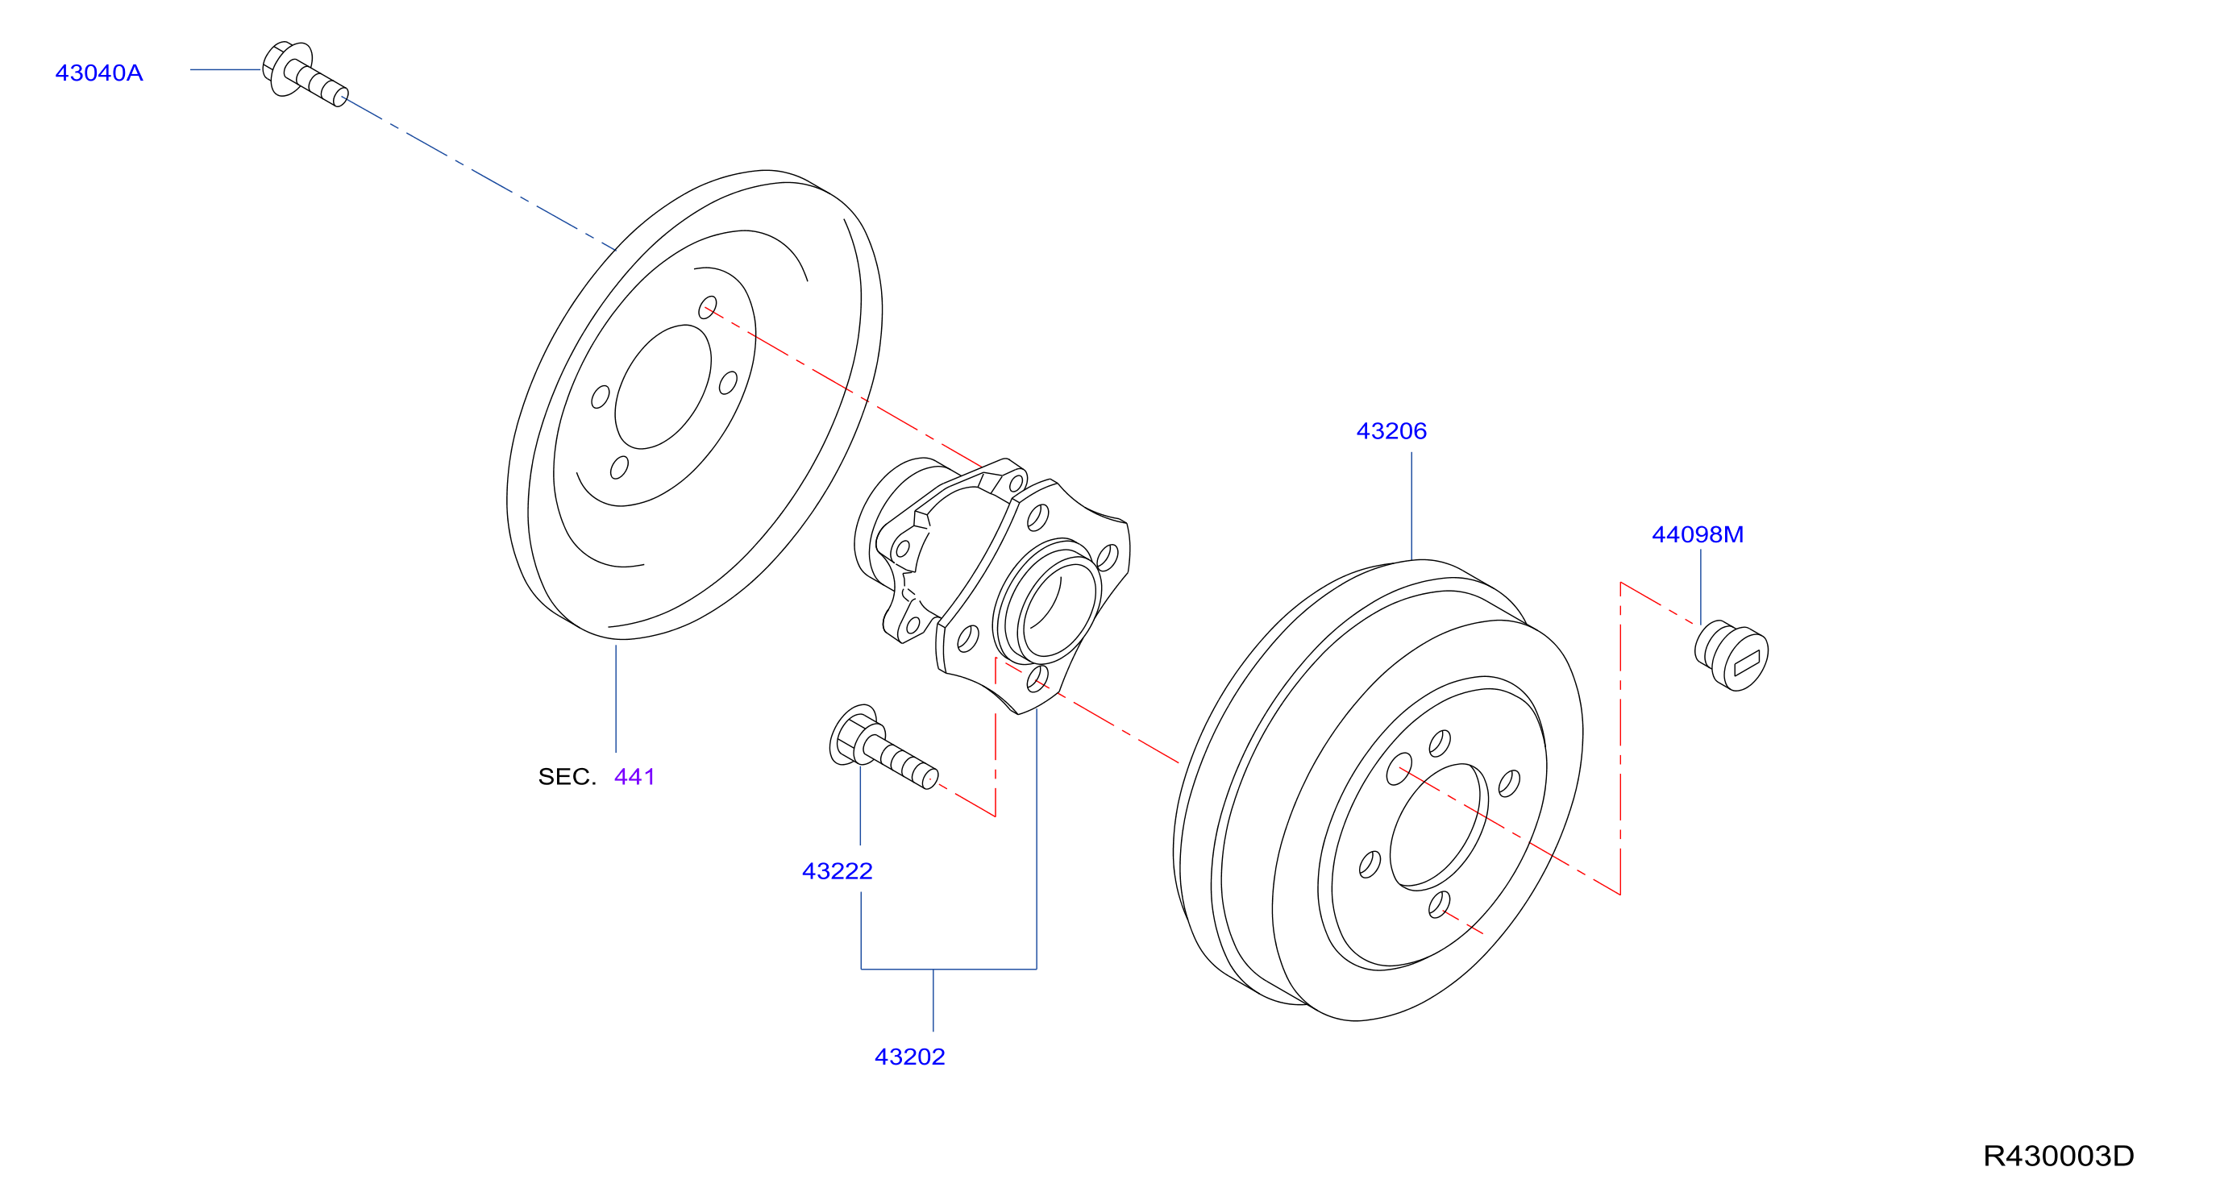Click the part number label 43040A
click(x=99, y=73)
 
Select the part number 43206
click(x=1391, y=431)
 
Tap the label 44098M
click(x=1697, y=534)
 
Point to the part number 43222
click(x=837, y=871)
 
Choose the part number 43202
click(x=909, y=1057)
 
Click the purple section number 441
click(x=634, y=777)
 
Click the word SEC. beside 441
click(x=567, y=777)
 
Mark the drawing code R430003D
click(x=2058, y=1156)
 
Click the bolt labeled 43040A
click(x=304, y=73)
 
